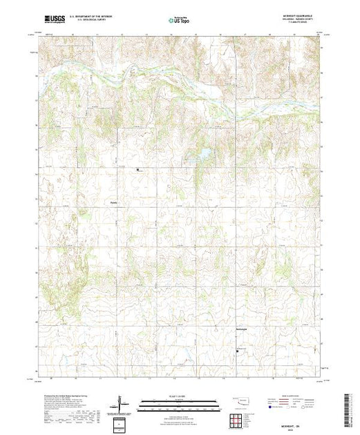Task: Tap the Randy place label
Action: click(x=114, y=203)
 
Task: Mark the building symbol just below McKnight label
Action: click(x=238, y=351)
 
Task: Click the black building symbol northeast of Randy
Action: click(x=138, y=169)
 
